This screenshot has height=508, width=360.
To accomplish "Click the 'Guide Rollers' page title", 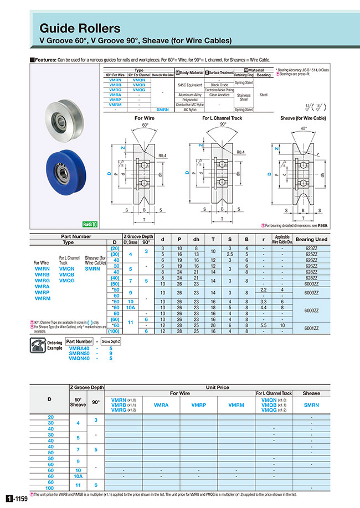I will coord(80,28).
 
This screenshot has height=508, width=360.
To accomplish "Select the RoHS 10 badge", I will coord(90,225).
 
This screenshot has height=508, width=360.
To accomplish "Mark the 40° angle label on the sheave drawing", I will coord(302,128).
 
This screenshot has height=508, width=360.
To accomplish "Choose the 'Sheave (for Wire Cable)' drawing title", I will coord(303,118).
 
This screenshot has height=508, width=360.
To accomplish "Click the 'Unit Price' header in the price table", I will coord(217,387).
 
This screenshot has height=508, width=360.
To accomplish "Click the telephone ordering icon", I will coord(38,347).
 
